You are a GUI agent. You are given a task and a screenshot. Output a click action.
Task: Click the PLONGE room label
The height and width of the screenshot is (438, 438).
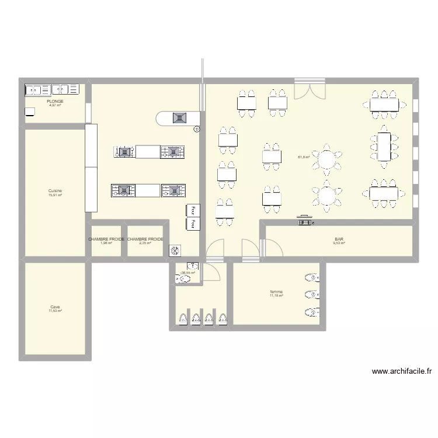point(55,101)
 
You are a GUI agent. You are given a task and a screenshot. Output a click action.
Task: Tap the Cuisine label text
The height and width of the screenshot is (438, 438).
point(55,191)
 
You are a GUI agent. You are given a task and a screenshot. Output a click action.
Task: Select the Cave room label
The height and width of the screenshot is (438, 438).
point(55,307)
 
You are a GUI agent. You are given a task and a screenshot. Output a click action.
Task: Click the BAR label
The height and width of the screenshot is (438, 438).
point(339,239)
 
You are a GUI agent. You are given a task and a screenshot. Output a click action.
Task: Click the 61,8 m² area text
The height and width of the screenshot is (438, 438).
point(304,157)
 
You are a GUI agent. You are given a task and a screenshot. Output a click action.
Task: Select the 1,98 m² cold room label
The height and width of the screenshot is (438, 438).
point(106,243)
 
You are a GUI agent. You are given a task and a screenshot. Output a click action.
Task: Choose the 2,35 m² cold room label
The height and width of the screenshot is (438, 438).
point(145,243)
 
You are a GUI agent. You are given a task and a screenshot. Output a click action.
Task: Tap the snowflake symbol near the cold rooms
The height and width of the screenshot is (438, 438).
point(175,251)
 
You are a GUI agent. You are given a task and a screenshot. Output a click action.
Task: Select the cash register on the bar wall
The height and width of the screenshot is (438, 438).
point(305,220)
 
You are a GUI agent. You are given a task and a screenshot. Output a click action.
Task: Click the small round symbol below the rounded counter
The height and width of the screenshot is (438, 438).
point(196,130)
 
